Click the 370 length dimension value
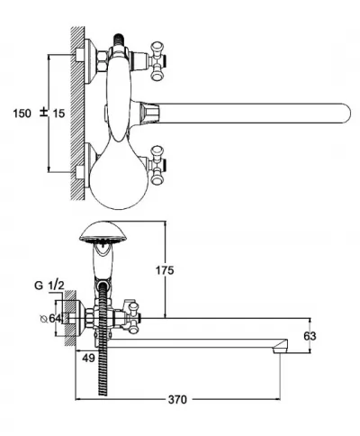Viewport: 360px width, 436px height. [x=177, y=400]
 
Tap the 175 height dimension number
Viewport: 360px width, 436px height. [x=165, y=270]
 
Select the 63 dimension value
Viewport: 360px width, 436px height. [x=310, y=336]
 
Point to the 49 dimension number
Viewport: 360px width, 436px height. [x=88, y=358]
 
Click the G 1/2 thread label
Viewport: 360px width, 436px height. [x=49, y=286]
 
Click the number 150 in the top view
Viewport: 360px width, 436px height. [x=22, y=114]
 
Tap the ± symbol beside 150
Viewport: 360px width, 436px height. [x=44, y=113]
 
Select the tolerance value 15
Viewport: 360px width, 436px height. [x=58, y=114]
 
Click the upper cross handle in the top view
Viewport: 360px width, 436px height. [x=157, y=61]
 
